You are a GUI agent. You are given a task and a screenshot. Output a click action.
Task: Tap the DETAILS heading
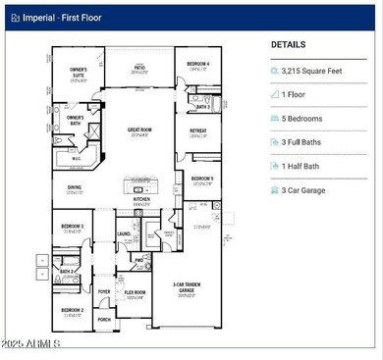pos(289,45)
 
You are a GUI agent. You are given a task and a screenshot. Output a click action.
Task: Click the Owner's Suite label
pos(79,72)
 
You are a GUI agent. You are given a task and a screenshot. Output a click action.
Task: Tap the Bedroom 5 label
pos(202,180)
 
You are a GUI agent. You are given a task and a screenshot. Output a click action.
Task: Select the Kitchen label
pos(141,199)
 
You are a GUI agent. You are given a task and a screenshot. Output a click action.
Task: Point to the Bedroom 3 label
pos(73,226)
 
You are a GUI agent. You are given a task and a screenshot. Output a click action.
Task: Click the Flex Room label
pos(135,292)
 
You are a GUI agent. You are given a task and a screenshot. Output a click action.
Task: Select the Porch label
pos(104,319)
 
